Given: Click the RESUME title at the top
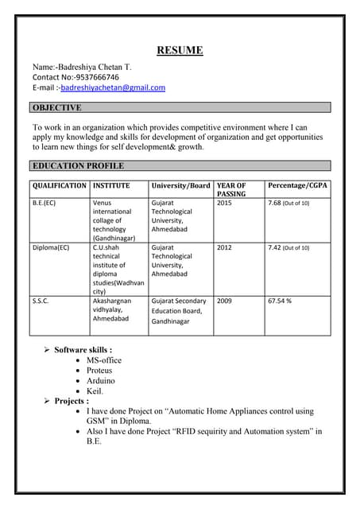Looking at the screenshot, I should point(180,51).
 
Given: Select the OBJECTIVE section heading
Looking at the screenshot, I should point(56,107).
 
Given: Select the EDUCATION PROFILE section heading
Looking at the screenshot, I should point(78,166).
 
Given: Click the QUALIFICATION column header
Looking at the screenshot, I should point(60,185).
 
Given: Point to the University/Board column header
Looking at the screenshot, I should point(180,185).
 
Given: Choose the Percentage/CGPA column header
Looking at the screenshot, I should point(298,185).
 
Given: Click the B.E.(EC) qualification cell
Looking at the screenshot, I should point(45,204).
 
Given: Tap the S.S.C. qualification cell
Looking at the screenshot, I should point(41,301).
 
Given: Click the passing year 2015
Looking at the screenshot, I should point(224,204).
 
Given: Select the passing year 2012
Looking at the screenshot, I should point(224,247).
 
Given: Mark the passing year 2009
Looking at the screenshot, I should point(224,301).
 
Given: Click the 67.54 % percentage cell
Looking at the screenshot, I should point(280,301).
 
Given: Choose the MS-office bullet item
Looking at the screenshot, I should point(104,360).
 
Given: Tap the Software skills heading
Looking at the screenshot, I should point(83,349).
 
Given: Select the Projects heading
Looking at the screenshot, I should point(72,401).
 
